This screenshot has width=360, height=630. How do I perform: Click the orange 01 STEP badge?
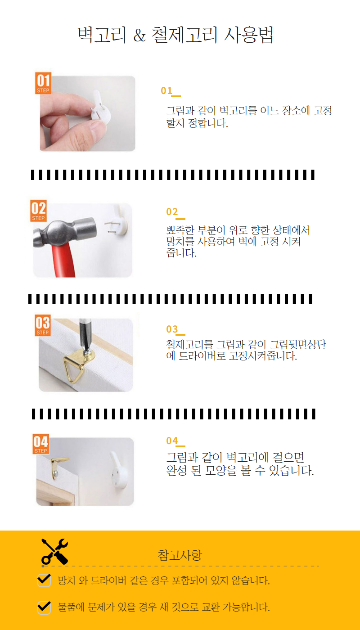click(43, 83)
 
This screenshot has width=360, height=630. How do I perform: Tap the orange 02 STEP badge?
click(39, 211)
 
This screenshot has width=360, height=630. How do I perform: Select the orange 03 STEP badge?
click(43, 325)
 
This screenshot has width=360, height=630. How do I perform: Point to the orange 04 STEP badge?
click(41, 444)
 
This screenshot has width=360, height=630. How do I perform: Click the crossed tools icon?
click(55, 552)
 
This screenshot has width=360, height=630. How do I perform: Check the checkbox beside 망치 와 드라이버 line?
click(44, 580)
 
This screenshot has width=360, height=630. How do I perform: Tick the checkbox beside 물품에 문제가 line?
click(44, 607)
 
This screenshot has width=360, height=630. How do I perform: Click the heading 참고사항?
click(180, 555)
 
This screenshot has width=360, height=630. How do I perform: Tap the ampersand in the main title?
click(140, 36)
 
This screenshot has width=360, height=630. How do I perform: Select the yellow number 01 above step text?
click(166, 90)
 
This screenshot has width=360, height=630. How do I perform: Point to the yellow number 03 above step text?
click(172, 329)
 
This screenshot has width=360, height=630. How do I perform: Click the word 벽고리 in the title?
click(102, 35)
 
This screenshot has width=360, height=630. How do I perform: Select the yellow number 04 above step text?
click(172, 441)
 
